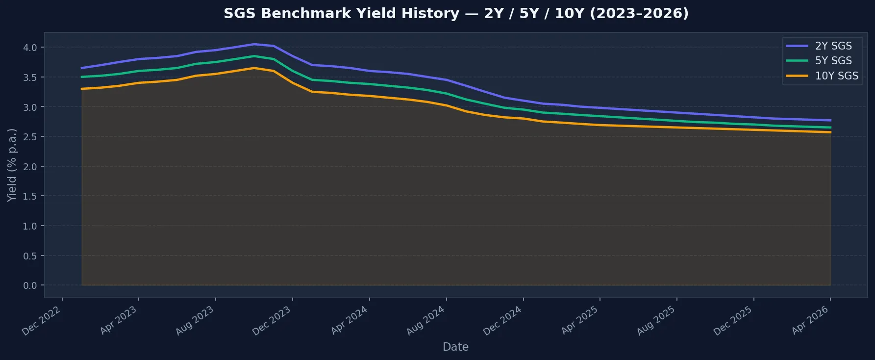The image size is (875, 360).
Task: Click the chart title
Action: [x=456, y=13]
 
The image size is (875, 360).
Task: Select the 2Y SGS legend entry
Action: [x=833, y=46]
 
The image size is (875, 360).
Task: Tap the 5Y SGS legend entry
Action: [x=833, y=61]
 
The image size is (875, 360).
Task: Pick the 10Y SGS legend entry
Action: [x=836, y=76]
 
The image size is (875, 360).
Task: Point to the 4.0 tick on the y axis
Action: [x=30, y=48]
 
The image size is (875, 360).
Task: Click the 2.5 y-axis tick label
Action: [x=30, y=137]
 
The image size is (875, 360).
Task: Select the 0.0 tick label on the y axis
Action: [x=30, y=285]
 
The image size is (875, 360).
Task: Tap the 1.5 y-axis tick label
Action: [x=30, y=196]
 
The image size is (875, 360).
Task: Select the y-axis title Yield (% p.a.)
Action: [x=12, y=165]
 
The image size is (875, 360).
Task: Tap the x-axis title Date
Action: [x=455, y=347]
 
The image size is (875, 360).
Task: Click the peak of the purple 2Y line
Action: [x=254, y=44]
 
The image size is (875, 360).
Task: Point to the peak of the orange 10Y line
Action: [x=254, y=68]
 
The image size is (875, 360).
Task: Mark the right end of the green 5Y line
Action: [x=830, y=128]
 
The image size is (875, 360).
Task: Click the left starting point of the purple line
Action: [x=81, y=68]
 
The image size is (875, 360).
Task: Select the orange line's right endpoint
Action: [x=830, y=132]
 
